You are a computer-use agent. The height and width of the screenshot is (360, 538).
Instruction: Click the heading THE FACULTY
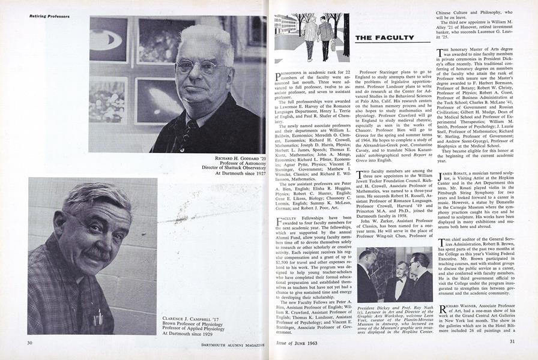click(384, 38)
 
